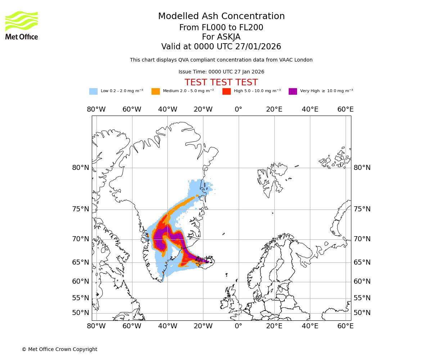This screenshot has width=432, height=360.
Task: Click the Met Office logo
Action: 22,25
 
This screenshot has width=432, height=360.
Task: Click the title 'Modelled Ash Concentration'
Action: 221,17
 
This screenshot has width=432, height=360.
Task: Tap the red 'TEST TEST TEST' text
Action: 221,82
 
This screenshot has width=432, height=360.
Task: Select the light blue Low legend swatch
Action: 93,91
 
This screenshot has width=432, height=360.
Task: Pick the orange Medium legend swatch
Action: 156,91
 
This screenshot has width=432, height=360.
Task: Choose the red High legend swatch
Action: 226,91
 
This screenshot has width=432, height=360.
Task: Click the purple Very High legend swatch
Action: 293,91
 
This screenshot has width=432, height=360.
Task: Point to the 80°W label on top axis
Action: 96,109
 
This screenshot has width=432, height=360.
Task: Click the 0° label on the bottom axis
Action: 238,326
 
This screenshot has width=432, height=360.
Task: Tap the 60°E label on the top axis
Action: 345,109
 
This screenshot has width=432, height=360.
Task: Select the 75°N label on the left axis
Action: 81,209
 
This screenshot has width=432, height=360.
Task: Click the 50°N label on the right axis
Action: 362,312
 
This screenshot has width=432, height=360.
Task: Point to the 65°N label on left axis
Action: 81,262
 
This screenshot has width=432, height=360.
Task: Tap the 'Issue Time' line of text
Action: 221,72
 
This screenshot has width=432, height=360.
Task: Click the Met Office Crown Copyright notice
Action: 59,349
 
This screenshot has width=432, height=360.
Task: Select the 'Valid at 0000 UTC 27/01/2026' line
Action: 221,47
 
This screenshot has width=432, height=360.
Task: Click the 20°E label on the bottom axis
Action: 274,326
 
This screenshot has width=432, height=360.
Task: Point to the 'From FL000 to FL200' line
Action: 221,28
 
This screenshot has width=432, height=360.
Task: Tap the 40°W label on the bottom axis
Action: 167,326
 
